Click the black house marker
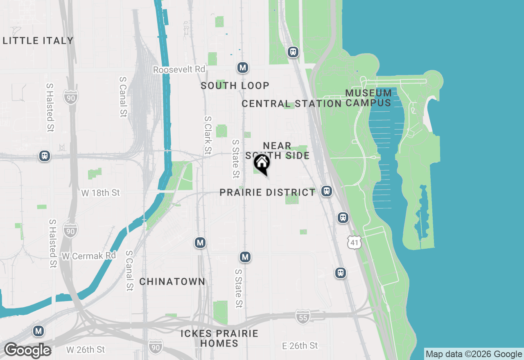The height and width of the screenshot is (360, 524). [x=262, y=164]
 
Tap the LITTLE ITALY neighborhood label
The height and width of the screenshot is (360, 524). [x=38, y=40]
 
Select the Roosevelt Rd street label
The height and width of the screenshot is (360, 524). [x=179, y=70]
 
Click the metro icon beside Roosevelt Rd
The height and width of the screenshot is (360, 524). [x=243, y=67]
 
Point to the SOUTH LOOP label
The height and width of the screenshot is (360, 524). [x=235, y=85]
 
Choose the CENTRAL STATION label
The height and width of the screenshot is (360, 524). [x=291, y=103]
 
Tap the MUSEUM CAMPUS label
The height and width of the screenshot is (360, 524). [x=368, y=98]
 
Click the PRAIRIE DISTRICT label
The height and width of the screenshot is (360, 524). [x=268, y=192]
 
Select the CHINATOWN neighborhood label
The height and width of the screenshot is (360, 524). [x=172, y=281]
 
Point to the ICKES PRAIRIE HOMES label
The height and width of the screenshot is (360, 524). [x=219, y=338]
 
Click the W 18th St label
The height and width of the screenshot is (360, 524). [x=100, y=193]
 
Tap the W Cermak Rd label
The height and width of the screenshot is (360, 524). [x=89, y=256]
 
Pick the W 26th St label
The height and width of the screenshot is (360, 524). [x=86, y=350]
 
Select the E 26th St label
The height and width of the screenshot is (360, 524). [x=300, y=346]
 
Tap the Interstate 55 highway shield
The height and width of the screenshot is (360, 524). [x=303, y=317]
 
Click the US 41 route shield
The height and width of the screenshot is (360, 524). [x=354, y=242]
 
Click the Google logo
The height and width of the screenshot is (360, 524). [x=27, y=350]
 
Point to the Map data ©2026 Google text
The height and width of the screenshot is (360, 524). [x=474, y=354]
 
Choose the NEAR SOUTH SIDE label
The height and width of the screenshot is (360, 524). [x=278, y=151]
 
